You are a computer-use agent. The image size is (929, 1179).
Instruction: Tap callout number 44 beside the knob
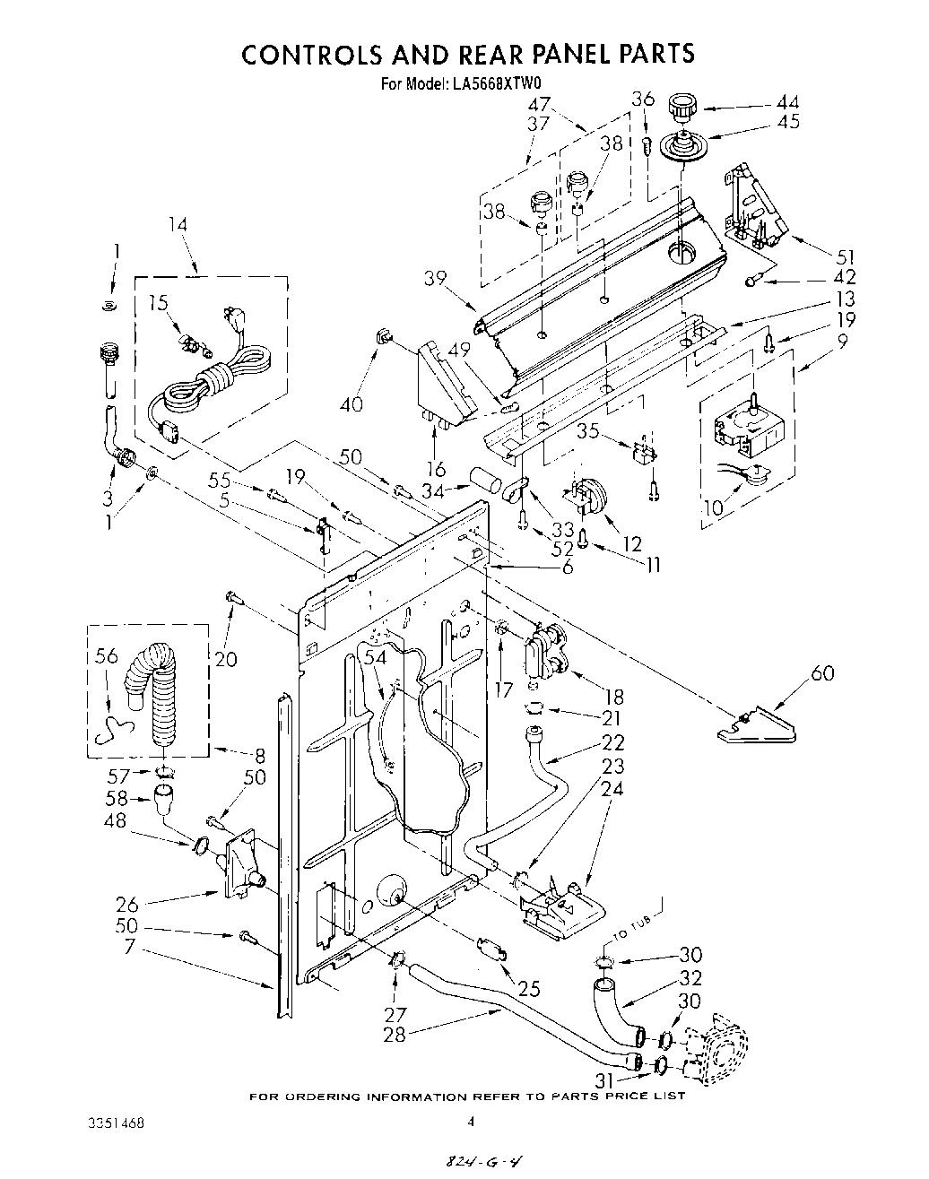click(787, 102)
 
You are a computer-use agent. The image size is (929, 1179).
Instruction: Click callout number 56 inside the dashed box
click(106, 656)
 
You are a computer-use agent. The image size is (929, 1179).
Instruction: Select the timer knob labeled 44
click(682, 112)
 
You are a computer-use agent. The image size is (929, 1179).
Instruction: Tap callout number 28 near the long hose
click(394, 1034)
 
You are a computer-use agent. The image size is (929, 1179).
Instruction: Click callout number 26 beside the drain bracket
click(127, 903)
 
